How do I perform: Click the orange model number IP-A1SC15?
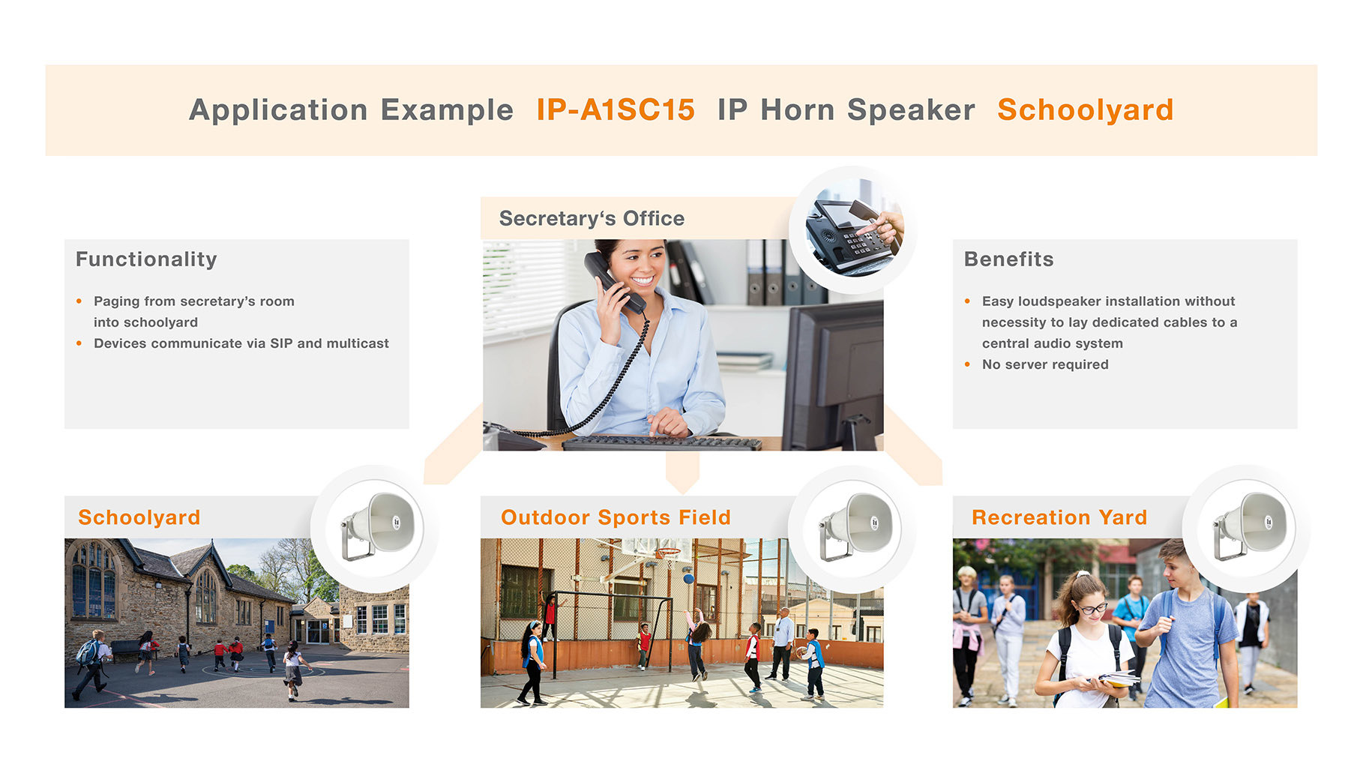coord(616,110)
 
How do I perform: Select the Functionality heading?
coord(146,259)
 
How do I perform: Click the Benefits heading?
coord(1008,259)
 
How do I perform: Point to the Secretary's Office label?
coord(592,218)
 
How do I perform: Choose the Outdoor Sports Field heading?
coord(616,517)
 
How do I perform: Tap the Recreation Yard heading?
coord(1059,517)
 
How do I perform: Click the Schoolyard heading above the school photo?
coord(139,517)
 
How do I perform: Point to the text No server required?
coord(1045,364)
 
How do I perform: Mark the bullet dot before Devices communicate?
coord(79,343)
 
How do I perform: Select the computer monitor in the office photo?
coord(833,375)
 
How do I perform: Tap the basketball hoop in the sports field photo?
coord(668,555)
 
